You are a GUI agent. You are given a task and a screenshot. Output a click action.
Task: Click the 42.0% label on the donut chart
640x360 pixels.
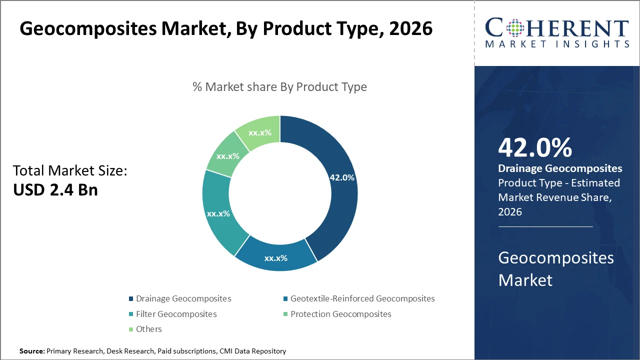(342, 177)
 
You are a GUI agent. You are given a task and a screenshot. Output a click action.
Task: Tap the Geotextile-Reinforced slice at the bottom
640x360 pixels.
(275, 257)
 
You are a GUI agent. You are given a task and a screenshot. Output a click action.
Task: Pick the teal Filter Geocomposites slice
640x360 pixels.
(218, 213)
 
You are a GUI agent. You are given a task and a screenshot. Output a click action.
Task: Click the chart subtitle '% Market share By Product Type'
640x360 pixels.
(279, 87)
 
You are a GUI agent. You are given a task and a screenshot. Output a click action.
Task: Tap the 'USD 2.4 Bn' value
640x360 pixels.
(55, 190)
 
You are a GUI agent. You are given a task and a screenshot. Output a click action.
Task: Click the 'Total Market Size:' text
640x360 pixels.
(70, 171)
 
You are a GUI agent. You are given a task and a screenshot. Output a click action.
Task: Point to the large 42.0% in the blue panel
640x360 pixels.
(535, 147)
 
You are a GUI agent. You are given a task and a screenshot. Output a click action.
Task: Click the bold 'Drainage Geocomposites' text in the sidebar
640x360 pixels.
(560, 168)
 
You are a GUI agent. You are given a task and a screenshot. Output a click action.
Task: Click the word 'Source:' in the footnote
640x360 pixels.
(32, 351)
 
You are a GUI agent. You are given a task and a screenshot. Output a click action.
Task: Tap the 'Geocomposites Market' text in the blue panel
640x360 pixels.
(556, 268)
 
